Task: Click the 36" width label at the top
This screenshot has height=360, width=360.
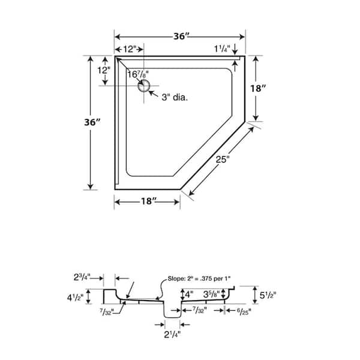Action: click(x=181, y=36)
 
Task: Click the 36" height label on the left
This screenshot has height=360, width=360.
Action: click(x=92, y=122)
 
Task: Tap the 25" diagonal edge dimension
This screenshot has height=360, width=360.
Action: click(x=223, y=159)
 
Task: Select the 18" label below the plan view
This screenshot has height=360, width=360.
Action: click(x=149, y=201)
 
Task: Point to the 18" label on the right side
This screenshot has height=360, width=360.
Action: click(x=258, y=88)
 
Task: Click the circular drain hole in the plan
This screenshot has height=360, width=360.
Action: click(x=144, y=86)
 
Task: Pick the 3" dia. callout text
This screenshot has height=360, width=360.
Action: click(x=175, y=97)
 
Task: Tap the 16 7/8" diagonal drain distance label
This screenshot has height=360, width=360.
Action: click(x=138, y=74)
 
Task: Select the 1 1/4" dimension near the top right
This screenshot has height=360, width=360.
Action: click(x=222, y=49)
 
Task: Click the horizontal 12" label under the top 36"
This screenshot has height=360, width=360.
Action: click(x=130, y=49)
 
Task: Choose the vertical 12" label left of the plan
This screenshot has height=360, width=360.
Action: click(x=104, y=70)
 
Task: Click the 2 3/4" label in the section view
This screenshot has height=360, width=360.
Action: click(x=82, y=277)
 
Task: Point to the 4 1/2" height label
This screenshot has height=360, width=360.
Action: click(x=75, y=298)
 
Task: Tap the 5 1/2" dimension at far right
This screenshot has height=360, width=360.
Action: click(x=268, y=295)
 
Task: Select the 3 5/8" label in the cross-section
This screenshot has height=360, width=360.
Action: click(x=211, y=294)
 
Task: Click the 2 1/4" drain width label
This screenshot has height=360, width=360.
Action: click(x=172, y=335)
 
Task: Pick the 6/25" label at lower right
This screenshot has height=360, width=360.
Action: click(x=244, y=311)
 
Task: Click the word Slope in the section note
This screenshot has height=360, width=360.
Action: click(x=176, y=278)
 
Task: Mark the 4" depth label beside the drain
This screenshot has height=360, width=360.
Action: click(x=189, y=294)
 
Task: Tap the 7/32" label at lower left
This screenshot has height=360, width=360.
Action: click(x=107, y=311)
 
